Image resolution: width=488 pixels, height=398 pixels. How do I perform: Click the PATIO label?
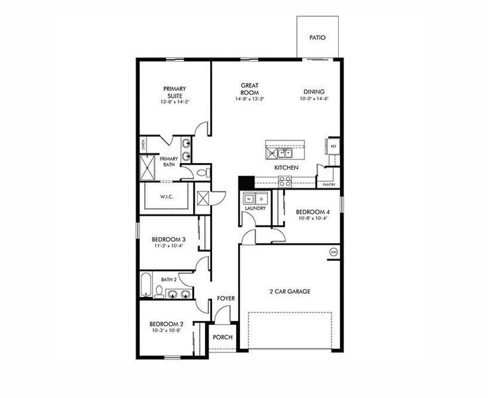318,38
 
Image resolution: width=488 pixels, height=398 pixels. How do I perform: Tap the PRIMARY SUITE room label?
175,92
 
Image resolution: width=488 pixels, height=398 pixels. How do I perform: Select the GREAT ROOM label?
249,88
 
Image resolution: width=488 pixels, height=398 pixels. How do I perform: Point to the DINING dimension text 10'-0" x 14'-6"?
314,99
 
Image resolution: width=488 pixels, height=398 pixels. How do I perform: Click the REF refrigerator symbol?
334,146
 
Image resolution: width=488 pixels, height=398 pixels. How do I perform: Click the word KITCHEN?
286,168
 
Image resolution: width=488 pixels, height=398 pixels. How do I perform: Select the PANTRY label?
328,184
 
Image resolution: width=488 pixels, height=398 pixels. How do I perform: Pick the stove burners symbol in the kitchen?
285,180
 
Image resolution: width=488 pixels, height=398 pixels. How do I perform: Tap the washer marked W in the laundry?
250,198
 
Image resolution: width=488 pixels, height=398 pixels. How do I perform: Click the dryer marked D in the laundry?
261,198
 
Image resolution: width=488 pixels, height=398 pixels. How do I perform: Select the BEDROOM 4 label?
313,212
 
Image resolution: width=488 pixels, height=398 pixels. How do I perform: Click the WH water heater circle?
333,252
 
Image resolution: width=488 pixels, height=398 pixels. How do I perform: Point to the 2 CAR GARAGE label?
290,291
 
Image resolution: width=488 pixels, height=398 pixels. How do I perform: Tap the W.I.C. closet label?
166,197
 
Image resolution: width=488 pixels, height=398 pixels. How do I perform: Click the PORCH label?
223,337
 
